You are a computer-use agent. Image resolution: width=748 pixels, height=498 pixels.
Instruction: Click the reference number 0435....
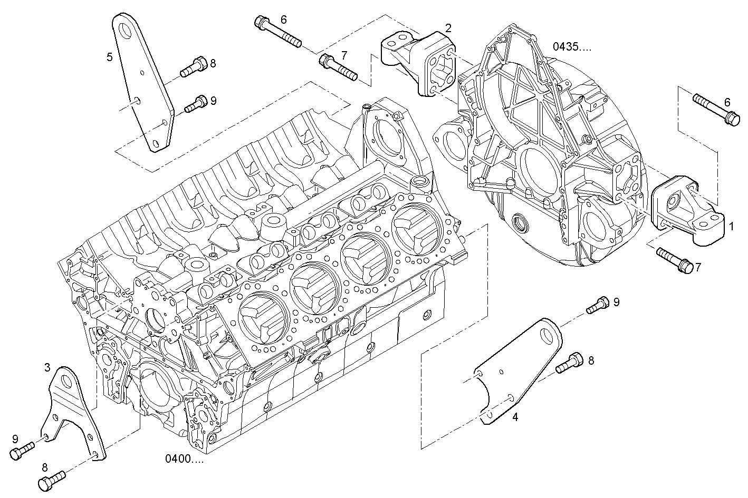click(572, 46)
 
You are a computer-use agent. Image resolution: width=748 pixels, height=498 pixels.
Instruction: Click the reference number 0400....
click(185, 458)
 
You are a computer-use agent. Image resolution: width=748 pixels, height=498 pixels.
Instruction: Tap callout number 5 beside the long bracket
click(110, 57)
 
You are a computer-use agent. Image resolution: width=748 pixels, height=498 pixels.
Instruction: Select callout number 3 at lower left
click(47, 367)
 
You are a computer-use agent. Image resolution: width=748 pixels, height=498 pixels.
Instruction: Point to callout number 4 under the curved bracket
click(515, 417)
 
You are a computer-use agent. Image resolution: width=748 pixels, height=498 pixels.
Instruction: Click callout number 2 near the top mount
click(448, 28)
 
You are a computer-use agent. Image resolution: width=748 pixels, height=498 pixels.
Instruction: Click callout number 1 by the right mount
click(731, 227)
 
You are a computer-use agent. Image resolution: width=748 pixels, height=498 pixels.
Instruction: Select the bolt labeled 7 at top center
click(338, 66)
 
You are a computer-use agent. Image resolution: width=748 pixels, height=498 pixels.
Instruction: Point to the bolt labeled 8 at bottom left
click(52, 479)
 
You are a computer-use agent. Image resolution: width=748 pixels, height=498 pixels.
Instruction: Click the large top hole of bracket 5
click(123, 31)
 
